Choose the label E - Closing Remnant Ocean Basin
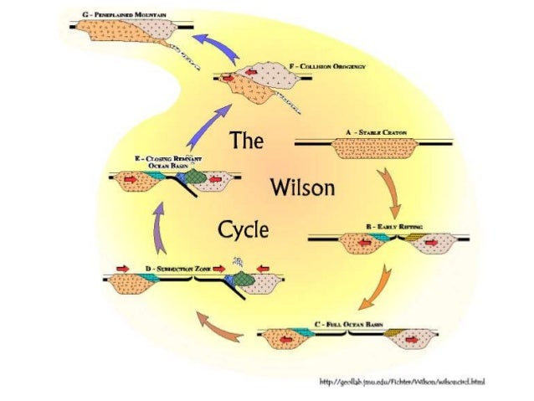(164, 162)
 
